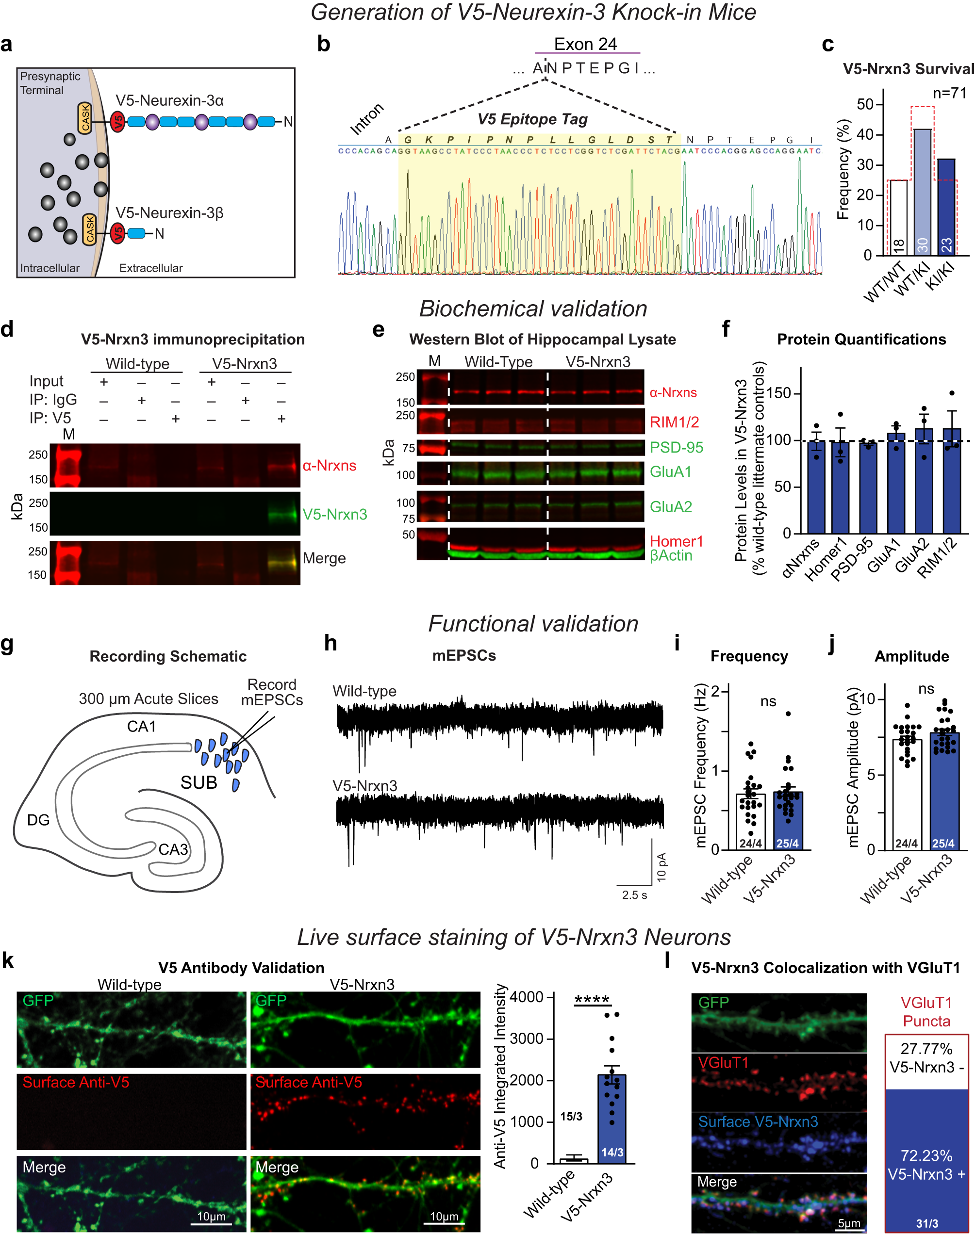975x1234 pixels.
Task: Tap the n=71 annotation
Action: coord(949,93)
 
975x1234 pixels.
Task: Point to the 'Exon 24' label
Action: coord(585,44)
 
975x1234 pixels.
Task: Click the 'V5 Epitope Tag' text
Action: coord(532,119)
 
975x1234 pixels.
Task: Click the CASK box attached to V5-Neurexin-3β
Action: coord(90,229)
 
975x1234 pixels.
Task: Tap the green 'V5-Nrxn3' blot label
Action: coord(334,514)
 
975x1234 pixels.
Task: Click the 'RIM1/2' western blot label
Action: coord(674,422)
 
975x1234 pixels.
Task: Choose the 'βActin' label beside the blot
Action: coord(671,556)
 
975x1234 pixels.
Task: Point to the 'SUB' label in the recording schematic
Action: coord(198,782)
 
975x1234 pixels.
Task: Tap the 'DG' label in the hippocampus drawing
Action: coord(38,820)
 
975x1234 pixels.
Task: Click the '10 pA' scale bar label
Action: coord(661,867)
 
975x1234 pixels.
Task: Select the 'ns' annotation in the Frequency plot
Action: coord(768,701)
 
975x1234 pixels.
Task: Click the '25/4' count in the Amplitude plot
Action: coord(943,843)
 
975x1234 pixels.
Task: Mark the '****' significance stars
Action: coord(592,1000)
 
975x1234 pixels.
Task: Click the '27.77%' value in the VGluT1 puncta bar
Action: coord(926,1049)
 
